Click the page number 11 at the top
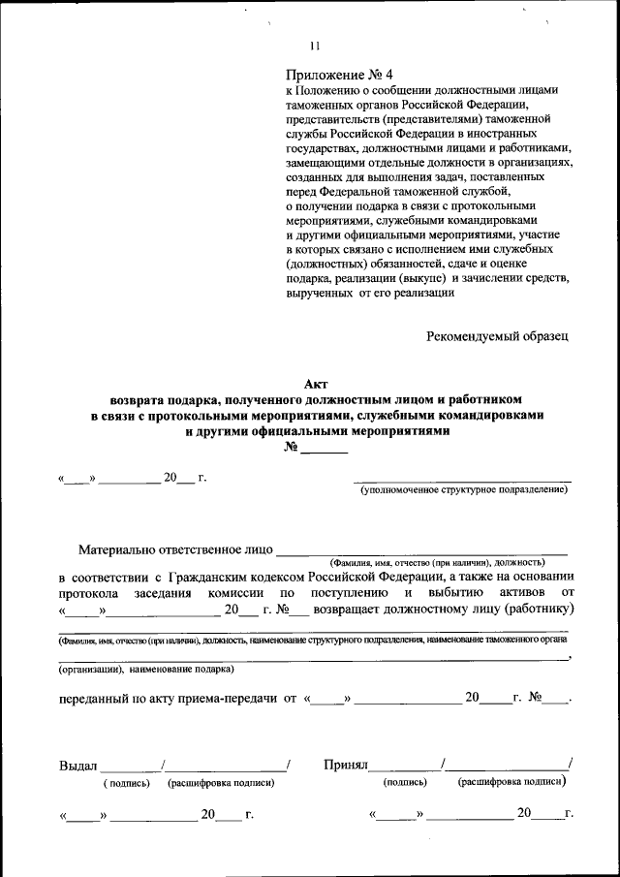(x=314, y=46)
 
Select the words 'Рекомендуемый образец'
(x=498, y=336)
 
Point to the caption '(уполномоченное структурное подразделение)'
(x=463, y=491)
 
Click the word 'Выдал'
(x=78, y=766)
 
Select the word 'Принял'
(x=346, y=766)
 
